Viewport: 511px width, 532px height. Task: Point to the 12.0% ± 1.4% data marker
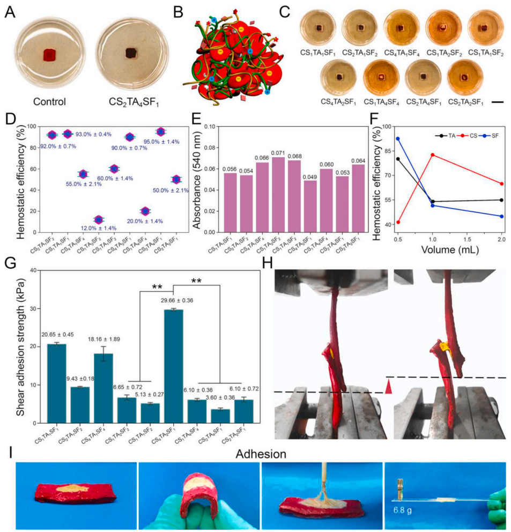(x=98, y=219)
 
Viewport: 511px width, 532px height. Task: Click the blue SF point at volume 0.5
(x=398, y=138)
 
